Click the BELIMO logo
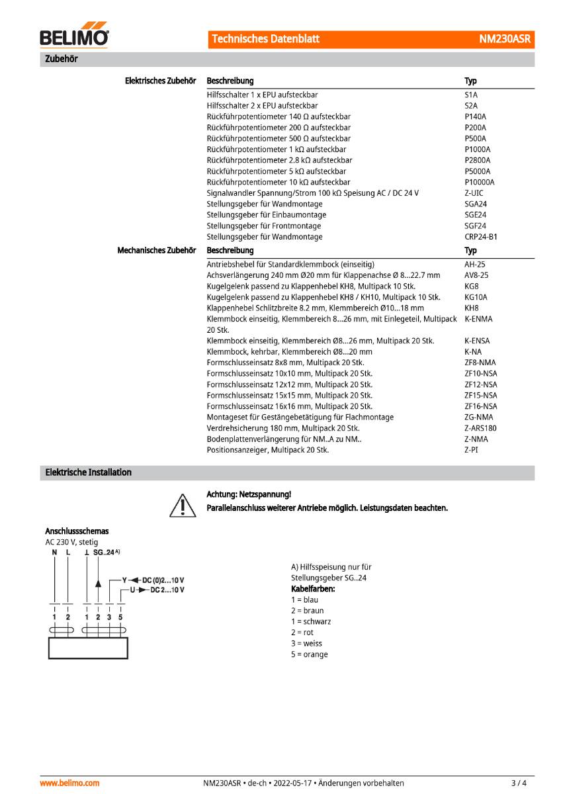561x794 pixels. click(x=74, y=37)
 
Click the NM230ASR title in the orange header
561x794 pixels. click(x=505, y=39)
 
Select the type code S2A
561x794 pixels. click(x=470, y=106)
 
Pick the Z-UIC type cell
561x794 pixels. click(x=474, y=193)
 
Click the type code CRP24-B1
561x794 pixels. click(x=481, y=237)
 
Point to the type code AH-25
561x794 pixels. click(x=475, y=264)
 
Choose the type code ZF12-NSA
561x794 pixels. click(x=480, y=384)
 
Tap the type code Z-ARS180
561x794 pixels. click(x=480, y=428)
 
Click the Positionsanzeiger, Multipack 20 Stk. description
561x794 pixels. click(x=267, y=450)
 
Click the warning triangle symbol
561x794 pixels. click(x=180, y=505)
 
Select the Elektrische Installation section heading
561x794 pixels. click(x=88, y=472)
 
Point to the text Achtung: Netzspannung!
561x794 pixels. click(x=249, y=494)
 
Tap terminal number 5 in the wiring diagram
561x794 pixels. click(x=120, y=617)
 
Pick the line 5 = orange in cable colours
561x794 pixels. click(x=309, y=654)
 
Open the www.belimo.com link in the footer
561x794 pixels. click(x=69, y=783)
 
